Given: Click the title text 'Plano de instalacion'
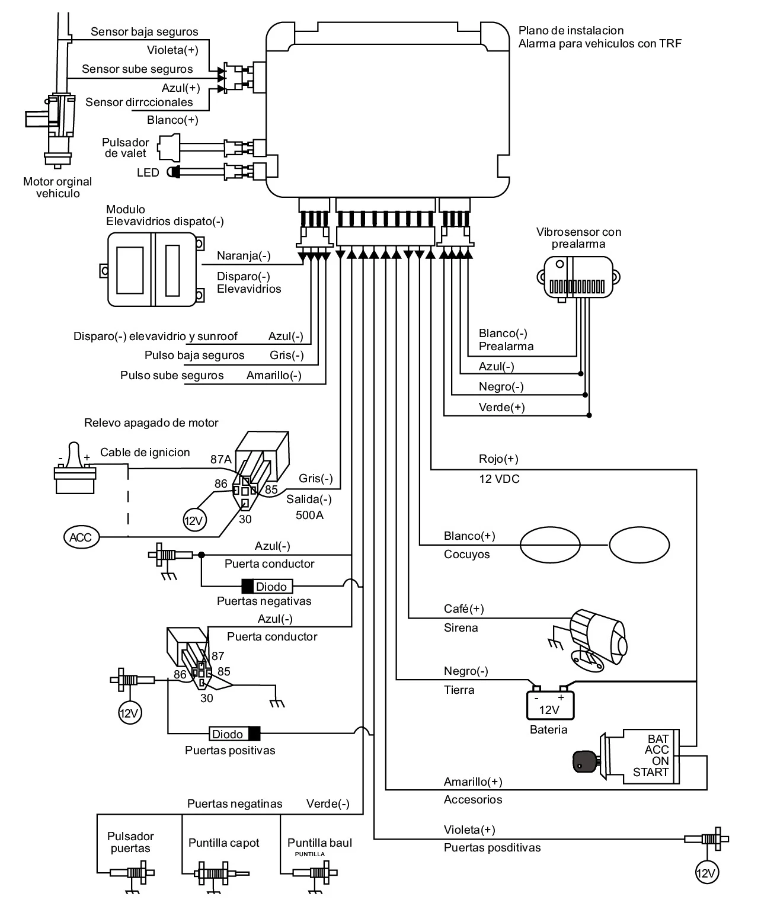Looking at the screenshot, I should pos(571,30).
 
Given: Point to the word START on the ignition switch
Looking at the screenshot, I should pos(650,772).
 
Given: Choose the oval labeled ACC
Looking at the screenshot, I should pos(81,537).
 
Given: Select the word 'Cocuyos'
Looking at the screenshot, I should pos(467,555).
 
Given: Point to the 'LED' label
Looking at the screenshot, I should pos(148,172).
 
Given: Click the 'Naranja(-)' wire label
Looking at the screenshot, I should pos(244,256).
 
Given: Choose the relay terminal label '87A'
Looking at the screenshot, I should pos(220,459).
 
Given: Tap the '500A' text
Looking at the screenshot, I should pos(309,515).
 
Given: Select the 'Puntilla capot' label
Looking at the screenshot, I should pos(224,843).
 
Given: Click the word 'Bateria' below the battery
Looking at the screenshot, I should pos(548,729).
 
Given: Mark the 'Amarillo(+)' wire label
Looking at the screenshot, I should pos(473,782).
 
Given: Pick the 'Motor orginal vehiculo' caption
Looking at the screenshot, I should pos(57,187).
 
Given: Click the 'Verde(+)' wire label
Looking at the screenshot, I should pos(501,407).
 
